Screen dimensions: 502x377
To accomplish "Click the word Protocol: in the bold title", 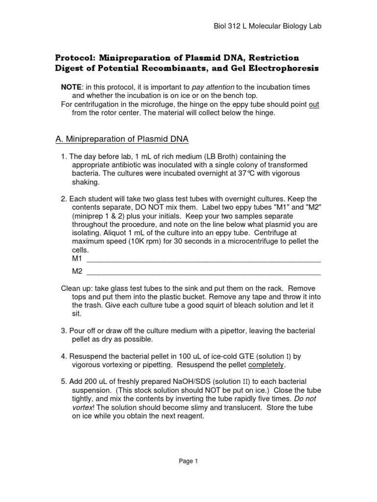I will tap(80, 58).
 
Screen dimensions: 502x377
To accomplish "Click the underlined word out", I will tap(314, 104).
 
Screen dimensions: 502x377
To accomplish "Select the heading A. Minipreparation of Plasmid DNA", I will tap(122, 139).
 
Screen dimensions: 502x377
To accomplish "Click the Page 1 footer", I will tap(188, 461).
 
